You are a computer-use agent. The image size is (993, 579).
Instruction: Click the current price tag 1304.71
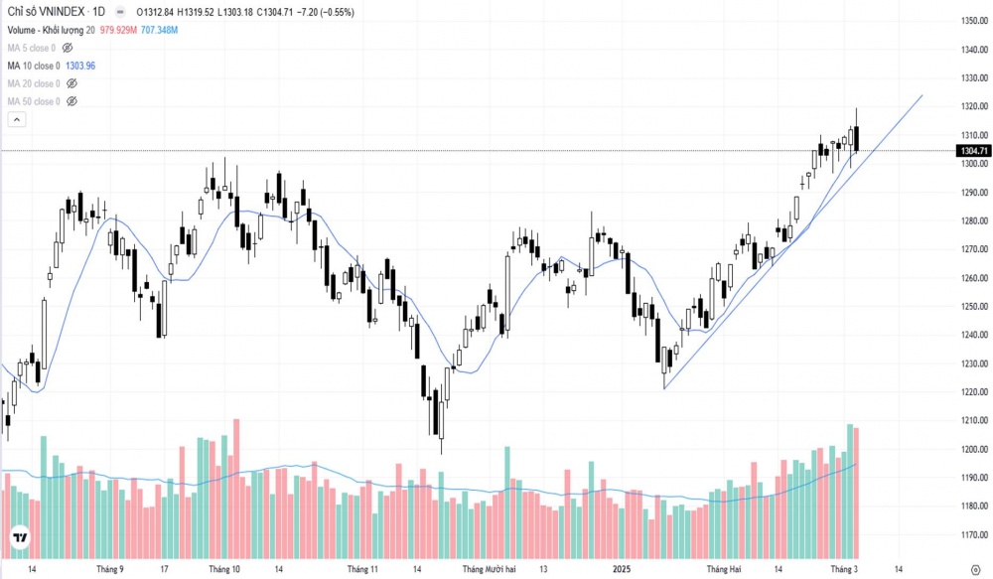click(x=972, y=151)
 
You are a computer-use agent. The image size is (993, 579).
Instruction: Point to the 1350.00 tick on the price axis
click(x=972, y=21)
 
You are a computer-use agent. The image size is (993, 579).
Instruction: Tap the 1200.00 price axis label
click(x=972, y=450)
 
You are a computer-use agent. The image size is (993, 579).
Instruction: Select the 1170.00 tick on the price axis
click(x=972, y=535)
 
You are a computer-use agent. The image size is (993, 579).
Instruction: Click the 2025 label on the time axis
click(x=622, y=570)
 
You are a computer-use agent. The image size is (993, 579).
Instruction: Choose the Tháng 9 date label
click(x=109, y=570)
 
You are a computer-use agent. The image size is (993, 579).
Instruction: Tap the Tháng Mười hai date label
click(x=490, y=570)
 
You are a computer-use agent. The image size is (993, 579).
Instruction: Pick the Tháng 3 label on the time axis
click(x=843, y=570)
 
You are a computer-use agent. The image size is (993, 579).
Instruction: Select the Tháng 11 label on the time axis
click(x=362, y=570)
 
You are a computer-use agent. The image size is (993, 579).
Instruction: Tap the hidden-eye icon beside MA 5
click(x=68, y=48)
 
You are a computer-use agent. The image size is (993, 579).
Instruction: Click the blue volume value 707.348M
click(x=159, y=30)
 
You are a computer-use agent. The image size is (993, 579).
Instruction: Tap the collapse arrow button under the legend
click(x=16, y=119)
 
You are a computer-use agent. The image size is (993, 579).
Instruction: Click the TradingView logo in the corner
click(x=19, y=539)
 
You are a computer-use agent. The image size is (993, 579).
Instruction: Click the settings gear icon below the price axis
click(x=975, y=570)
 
